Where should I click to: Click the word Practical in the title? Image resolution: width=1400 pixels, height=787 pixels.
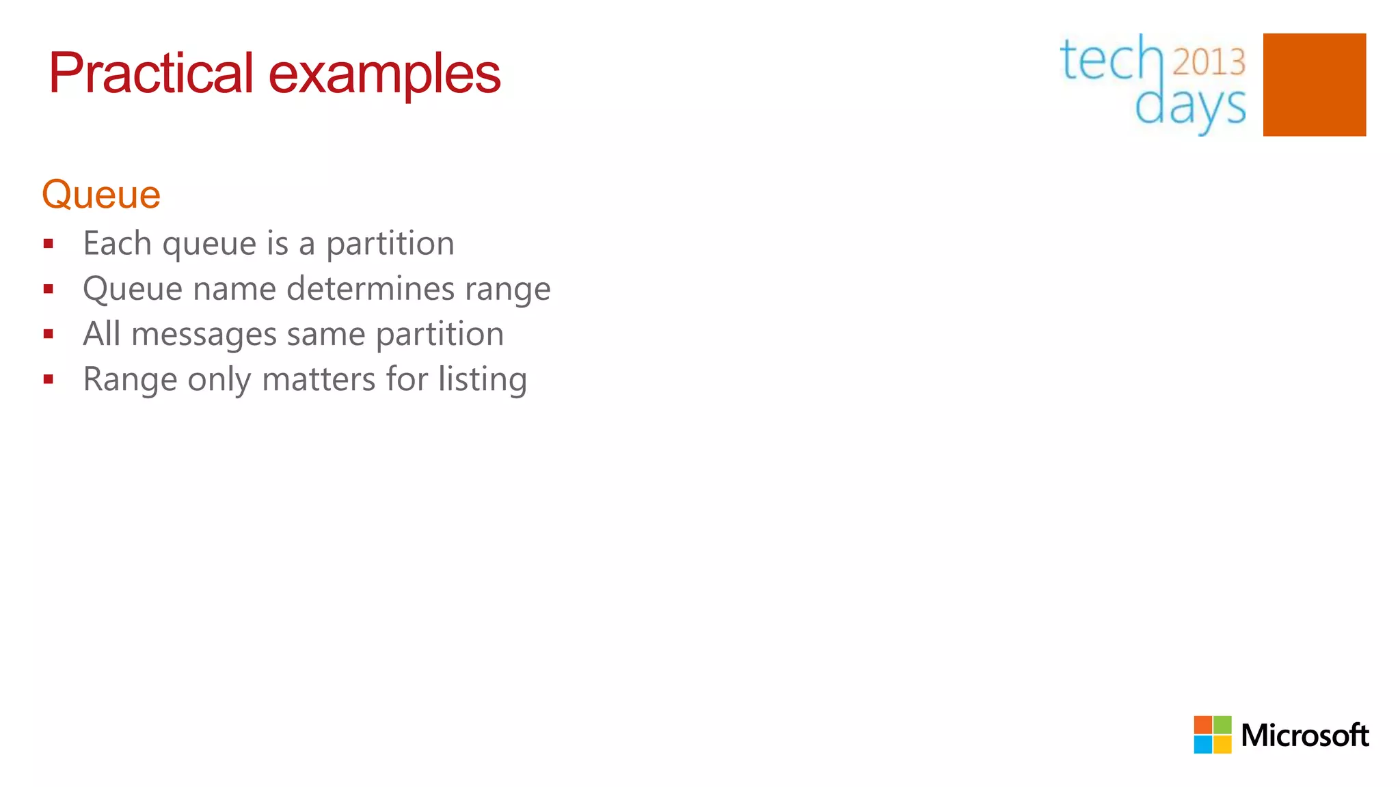click(x=151, y=74)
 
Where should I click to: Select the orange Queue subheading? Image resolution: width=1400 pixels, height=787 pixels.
click(x=101, y=195)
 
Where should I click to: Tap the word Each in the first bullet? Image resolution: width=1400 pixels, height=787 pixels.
click(x=117, y=243)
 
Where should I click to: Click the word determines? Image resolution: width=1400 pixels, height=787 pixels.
click(x=371, y=289)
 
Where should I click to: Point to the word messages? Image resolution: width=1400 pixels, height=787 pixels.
click(x=204, y=335)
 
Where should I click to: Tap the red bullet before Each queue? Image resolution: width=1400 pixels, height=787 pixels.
click(x=48, y=244)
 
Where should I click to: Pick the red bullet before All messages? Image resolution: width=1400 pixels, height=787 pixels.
click(x=48, y=335)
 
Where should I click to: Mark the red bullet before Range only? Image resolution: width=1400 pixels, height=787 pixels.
click(x=48, y=380)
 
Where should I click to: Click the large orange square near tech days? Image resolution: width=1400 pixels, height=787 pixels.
click(x=1314, y=85)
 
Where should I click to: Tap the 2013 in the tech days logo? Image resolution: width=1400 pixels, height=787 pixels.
click(x=1209, y=62)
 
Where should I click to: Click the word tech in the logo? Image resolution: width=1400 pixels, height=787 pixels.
click(x=1110, y=60)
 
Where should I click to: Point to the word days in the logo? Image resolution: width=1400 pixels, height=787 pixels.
click(x=1190, y=106)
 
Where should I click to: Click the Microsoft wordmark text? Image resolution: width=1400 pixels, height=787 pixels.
click(x=1304, y=736)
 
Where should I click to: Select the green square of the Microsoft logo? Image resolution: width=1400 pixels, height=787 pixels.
click(x=1222, y=725)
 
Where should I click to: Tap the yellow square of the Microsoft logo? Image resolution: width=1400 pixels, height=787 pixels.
click(x=1222, y=745)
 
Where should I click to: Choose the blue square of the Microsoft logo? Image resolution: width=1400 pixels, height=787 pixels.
click(x=1202, y=745)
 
